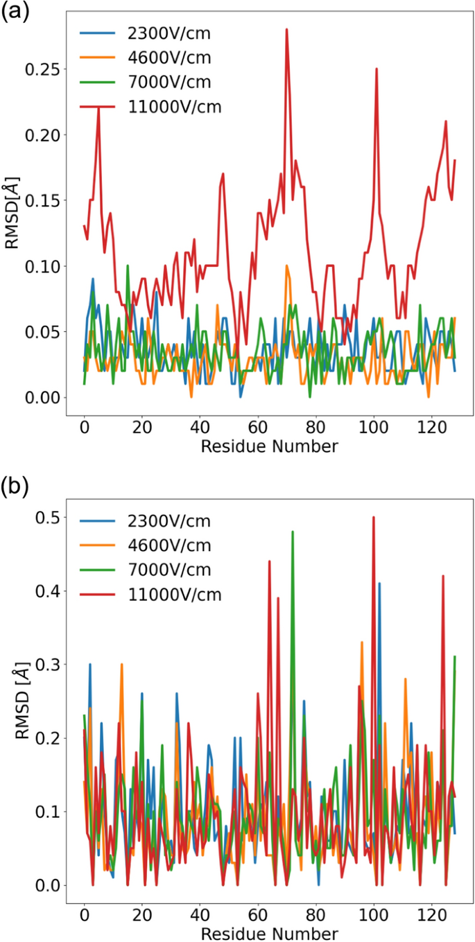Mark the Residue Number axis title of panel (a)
coord(270,446)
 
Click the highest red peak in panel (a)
coord(286,30)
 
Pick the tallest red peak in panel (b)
coord(374,517)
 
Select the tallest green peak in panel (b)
coord(293,532)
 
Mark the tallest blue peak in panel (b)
coord(379,584)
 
